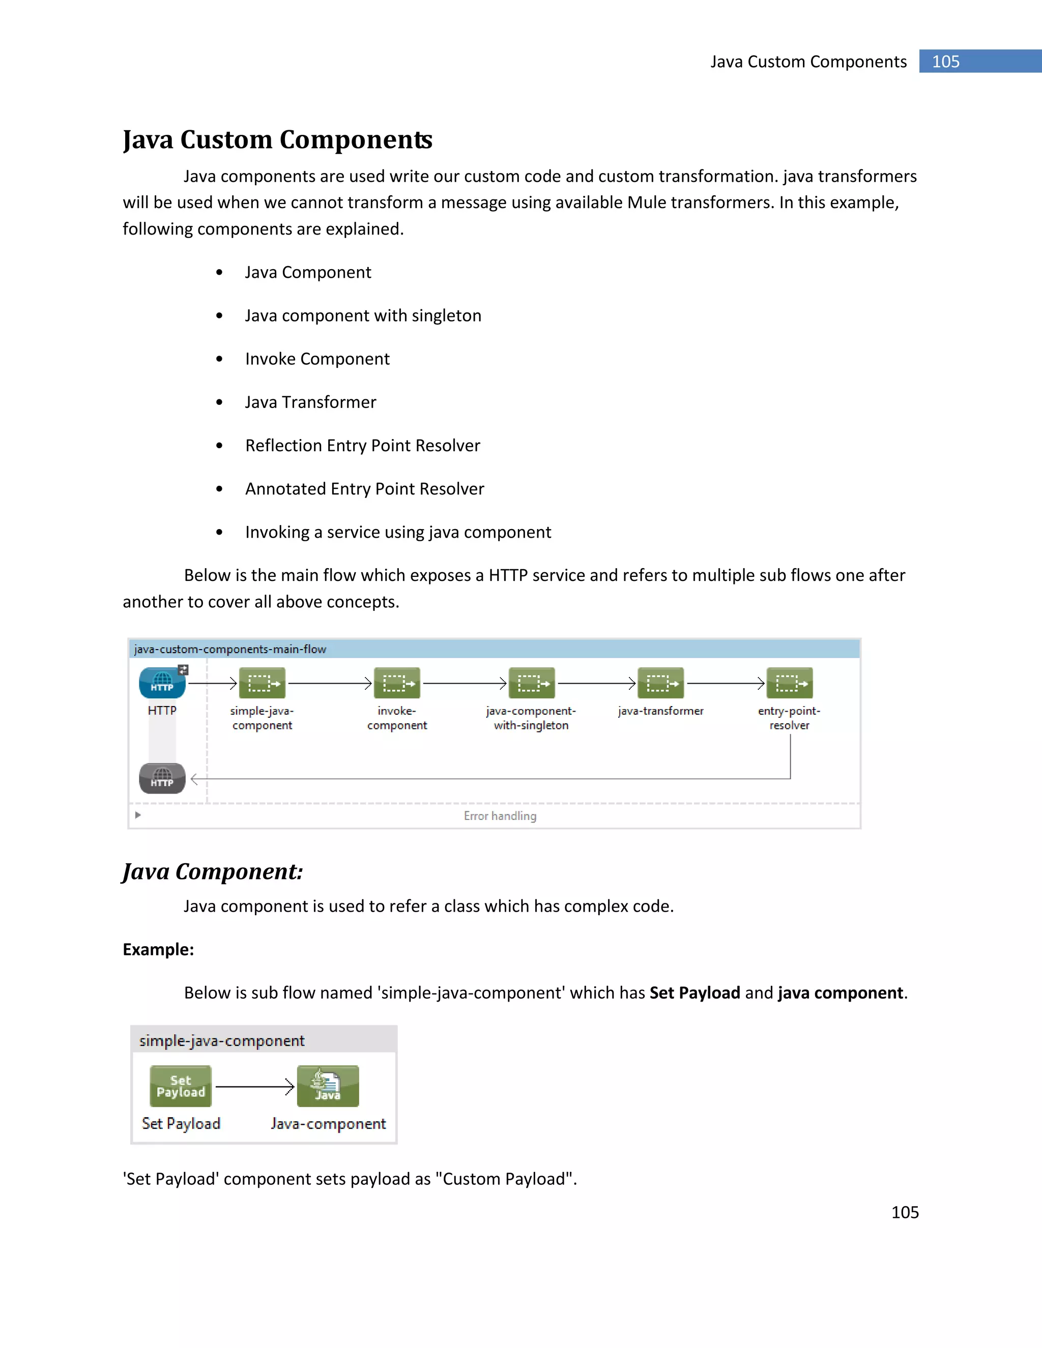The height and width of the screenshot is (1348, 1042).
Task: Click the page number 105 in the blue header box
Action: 945,62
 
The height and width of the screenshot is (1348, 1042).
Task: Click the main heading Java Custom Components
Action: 277,139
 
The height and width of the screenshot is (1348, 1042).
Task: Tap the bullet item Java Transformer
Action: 310,402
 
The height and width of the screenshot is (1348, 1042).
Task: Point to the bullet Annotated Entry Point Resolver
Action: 364,489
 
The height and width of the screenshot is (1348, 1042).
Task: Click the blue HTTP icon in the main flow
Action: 162,683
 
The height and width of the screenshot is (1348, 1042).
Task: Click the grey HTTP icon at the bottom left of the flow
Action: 162,778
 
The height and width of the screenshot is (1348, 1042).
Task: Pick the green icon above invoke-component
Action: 397,683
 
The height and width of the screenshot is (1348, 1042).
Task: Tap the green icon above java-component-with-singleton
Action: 532,683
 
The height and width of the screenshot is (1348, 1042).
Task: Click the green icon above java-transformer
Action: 660,683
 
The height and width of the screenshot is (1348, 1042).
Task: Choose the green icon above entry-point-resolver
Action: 790,683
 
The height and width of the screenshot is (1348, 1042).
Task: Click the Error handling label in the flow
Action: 500,816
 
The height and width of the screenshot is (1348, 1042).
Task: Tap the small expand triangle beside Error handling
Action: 138,815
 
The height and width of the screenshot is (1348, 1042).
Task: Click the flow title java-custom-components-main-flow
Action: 229,649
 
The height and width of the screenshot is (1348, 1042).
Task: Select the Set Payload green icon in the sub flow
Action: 181,1086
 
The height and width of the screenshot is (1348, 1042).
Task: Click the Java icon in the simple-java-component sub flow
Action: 328,1086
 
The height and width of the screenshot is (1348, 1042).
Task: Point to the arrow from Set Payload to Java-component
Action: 254,1087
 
